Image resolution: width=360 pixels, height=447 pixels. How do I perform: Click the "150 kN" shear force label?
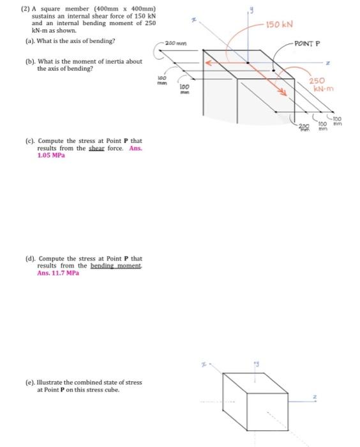coord(280,24)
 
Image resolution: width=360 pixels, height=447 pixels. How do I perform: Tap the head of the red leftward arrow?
coord(207,63)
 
